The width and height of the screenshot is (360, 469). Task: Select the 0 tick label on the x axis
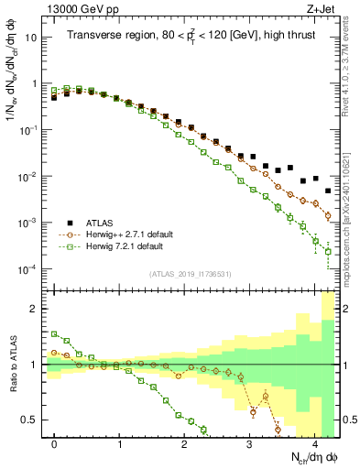coord(55,442)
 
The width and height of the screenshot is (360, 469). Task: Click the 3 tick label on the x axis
coord(250,442)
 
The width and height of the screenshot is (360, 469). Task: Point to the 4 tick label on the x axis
coord(315,442)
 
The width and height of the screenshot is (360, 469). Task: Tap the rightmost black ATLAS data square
coord(328,191)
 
